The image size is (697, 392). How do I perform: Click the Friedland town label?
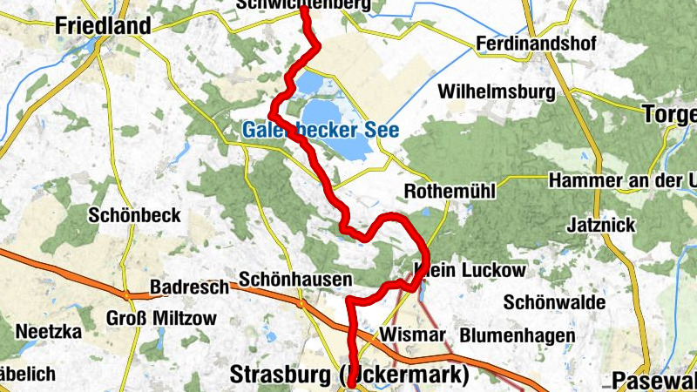pyautogui.click(x=103, y=26)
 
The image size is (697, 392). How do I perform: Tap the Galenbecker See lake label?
pyautogui.click(x=320, y=132)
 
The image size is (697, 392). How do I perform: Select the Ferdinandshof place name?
pyautogui.click(x=534, y=44)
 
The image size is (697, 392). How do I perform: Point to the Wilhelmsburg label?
pyautogui.click(x=497, y=91)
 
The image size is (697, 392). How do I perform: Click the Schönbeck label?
pyautogui.click(x=135, y=214)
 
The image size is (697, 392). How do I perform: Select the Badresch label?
pyautogui.click(x=189, y=286)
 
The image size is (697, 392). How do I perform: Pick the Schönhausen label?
pyautogui.click(x=295, y=280)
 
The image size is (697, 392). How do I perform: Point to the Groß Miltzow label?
pyautogui.click(x=161, y=318)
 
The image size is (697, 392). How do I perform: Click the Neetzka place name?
pyautogui.click(x=48, y=332)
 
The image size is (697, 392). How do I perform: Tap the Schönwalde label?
pyautogui.click(x=555, y=301)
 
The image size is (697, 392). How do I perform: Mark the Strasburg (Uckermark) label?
pyautogui.click(x=348, y=375)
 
